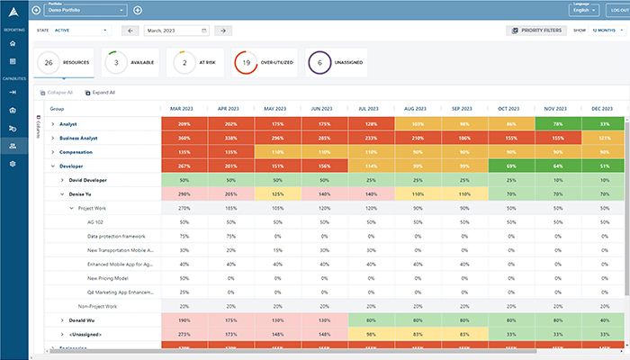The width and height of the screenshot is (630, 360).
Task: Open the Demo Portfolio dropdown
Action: pyautogui.click(x=85, y=10)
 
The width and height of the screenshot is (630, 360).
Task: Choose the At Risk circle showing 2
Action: pyautogui.click(x=184, y=63)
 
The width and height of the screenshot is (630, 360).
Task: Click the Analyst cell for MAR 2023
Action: pyautogui.click(x=183, y=123)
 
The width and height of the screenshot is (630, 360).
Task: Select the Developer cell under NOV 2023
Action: pyautogui.click(x=558, y=166)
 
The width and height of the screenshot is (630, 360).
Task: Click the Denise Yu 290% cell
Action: pyautogui.click(x=183, y=193)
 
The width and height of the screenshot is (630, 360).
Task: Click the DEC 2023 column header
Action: pyautogui.click(x=605, y=108)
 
